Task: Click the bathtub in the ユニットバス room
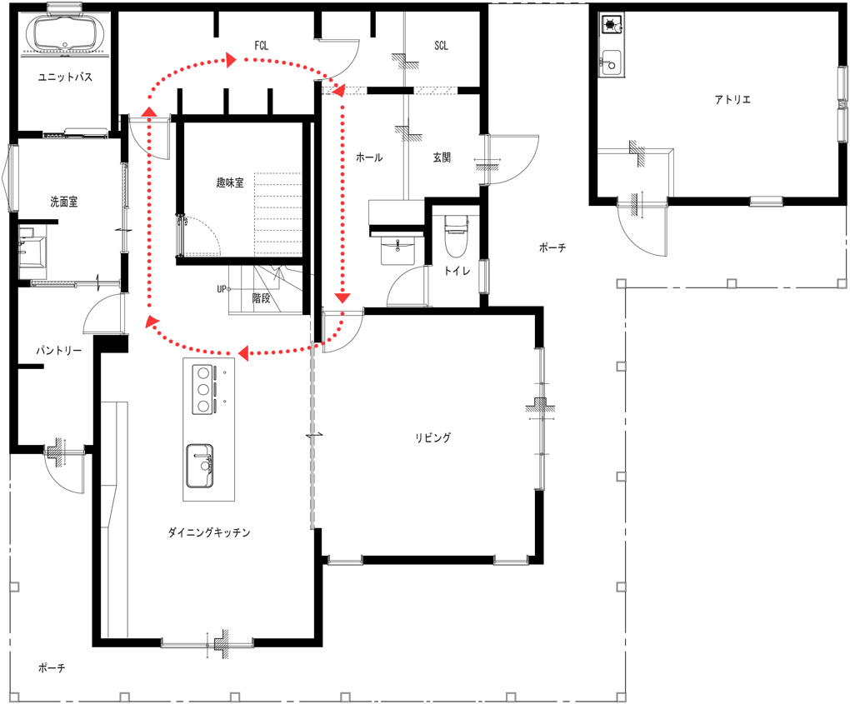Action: click(64, 32)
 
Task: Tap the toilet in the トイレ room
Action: click(456, 236)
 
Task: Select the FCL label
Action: click(262, 46)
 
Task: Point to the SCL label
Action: click(442, 46)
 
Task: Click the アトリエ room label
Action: click(732, 99)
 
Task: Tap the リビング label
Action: click(432, 437)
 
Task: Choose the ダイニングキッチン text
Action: click(209, 532)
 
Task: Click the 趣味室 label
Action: click(230, 182)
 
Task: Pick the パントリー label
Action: click(59, 351)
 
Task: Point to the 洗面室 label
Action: click(64, 202)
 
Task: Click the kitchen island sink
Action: click(199, 466)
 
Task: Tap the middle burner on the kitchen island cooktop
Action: click(203, 389)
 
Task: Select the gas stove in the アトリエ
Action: click(612, 24)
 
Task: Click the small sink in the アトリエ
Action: click(612, 62)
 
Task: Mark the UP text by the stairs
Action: click(221, 289)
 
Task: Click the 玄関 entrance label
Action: click(442, 157)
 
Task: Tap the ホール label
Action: click(369, 157)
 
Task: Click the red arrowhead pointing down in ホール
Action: click(342, 297)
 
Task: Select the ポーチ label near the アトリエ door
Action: click(552, 247)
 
